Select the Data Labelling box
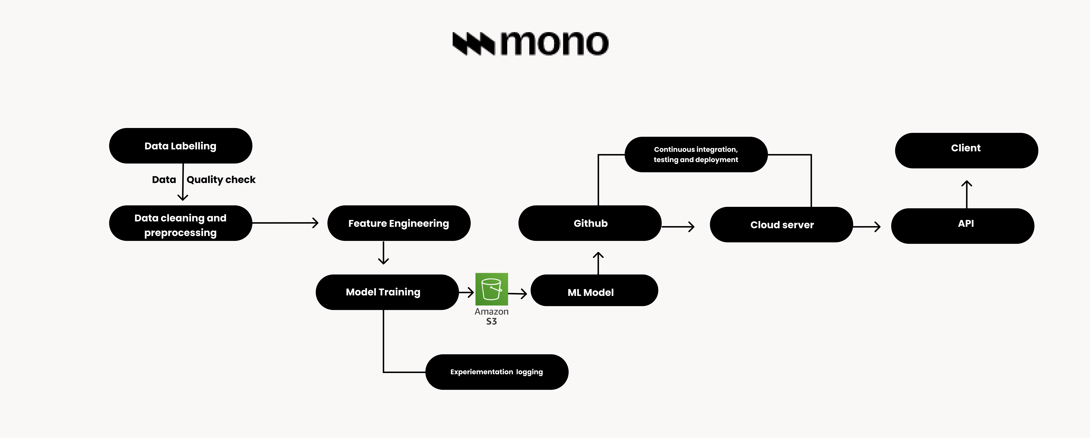pyautogui.click(x=181, y=146)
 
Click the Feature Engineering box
pyautogui.click(x=399, y=223)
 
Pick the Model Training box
pyautogui.click(x=387, y=292)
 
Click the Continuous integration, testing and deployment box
pyautogui.click(x=696, y=154)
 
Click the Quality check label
pyautogui.click(x=221, y=180)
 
